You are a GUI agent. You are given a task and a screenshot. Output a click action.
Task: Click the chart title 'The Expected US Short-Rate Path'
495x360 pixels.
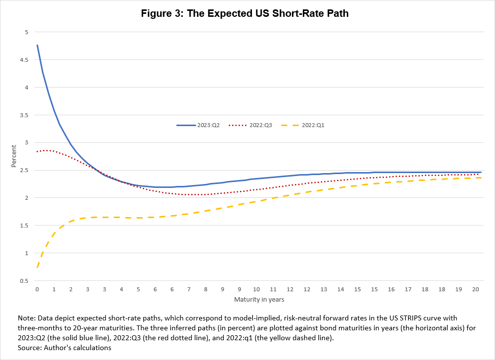[245, 13]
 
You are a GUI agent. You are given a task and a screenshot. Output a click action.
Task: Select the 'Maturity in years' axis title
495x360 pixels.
[259, 299]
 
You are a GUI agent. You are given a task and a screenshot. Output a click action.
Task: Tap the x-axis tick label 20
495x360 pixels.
[475, 289]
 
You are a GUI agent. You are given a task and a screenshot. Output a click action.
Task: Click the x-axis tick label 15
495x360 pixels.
[374, 289]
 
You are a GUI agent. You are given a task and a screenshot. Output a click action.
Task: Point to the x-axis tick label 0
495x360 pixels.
[37, 289]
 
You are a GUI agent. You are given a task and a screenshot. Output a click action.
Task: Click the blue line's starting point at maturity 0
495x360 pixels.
[37, 45]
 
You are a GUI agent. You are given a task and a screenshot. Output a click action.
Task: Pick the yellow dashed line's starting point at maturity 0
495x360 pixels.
[37, 268]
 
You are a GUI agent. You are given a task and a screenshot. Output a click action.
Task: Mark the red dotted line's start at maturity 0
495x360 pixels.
[37, 151]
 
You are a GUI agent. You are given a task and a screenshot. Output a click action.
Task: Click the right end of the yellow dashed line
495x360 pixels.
[481, 178]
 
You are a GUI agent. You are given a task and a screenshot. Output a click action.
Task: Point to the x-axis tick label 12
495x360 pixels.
[306, 289]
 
